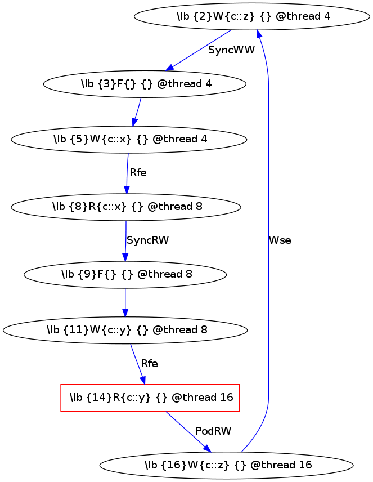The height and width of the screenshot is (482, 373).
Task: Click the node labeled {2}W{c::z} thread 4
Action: tap(252, 16)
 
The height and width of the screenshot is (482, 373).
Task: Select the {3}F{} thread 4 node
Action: tap(145, 84)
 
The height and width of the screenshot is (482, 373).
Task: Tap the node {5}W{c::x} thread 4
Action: tap(129, 139)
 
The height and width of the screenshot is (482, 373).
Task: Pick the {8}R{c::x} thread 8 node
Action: tap(126, 207)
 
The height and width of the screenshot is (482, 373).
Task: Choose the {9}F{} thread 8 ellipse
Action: tap(125, 275)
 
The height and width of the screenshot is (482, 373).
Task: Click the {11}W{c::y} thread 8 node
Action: tap(125, 330)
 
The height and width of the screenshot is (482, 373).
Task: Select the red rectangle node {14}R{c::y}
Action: tap(150, 398)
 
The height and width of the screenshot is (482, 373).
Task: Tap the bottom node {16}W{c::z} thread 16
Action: tap(226, 465)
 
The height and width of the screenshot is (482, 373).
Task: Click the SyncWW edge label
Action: tap(231, 50)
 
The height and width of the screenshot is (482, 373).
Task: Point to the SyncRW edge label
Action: tap(147, 240)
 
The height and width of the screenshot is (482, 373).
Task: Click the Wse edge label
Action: tap(280, 240)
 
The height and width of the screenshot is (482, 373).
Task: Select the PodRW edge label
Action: tap(213, 431)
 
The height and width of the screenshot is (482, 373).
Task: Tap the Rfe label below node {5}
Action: tap(138, 173)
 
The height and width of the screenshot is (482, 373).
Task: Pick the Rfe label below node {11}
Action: tap(149, 364)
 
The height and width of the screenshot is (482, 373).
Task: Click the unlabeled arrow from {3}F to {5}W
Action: tap(136, 112)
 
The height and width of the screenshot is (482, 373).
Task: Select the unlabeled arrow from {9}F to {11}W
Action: tap(125, 302)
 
